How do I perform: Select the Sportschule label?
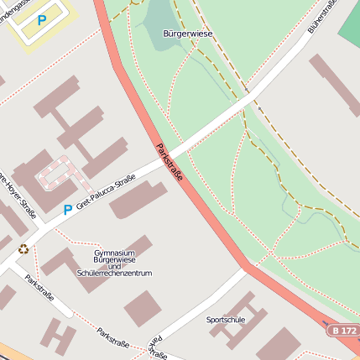click(226, 320)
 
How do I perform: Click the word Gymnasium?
click(115, 252)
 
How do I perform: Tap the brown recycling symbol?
click(23, 248)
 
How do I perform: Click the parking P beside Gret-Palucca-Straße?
click(67, 210)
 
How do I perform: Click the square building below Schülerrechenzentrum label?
click(141, 308)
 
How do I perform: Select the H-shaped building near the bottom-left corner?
click(58, 335)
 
